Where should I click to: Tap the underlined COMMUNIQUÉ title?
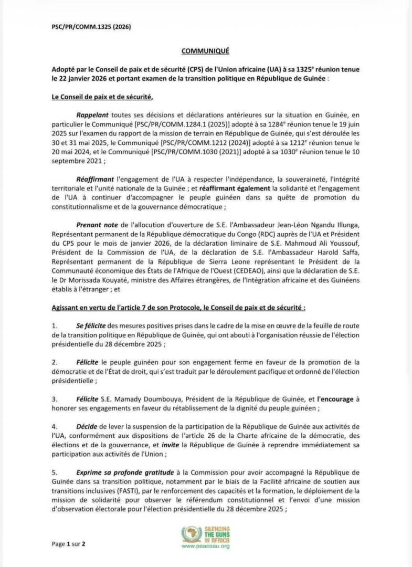[205, 51]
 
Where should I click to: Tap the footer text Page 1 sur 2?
[68, 544]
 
